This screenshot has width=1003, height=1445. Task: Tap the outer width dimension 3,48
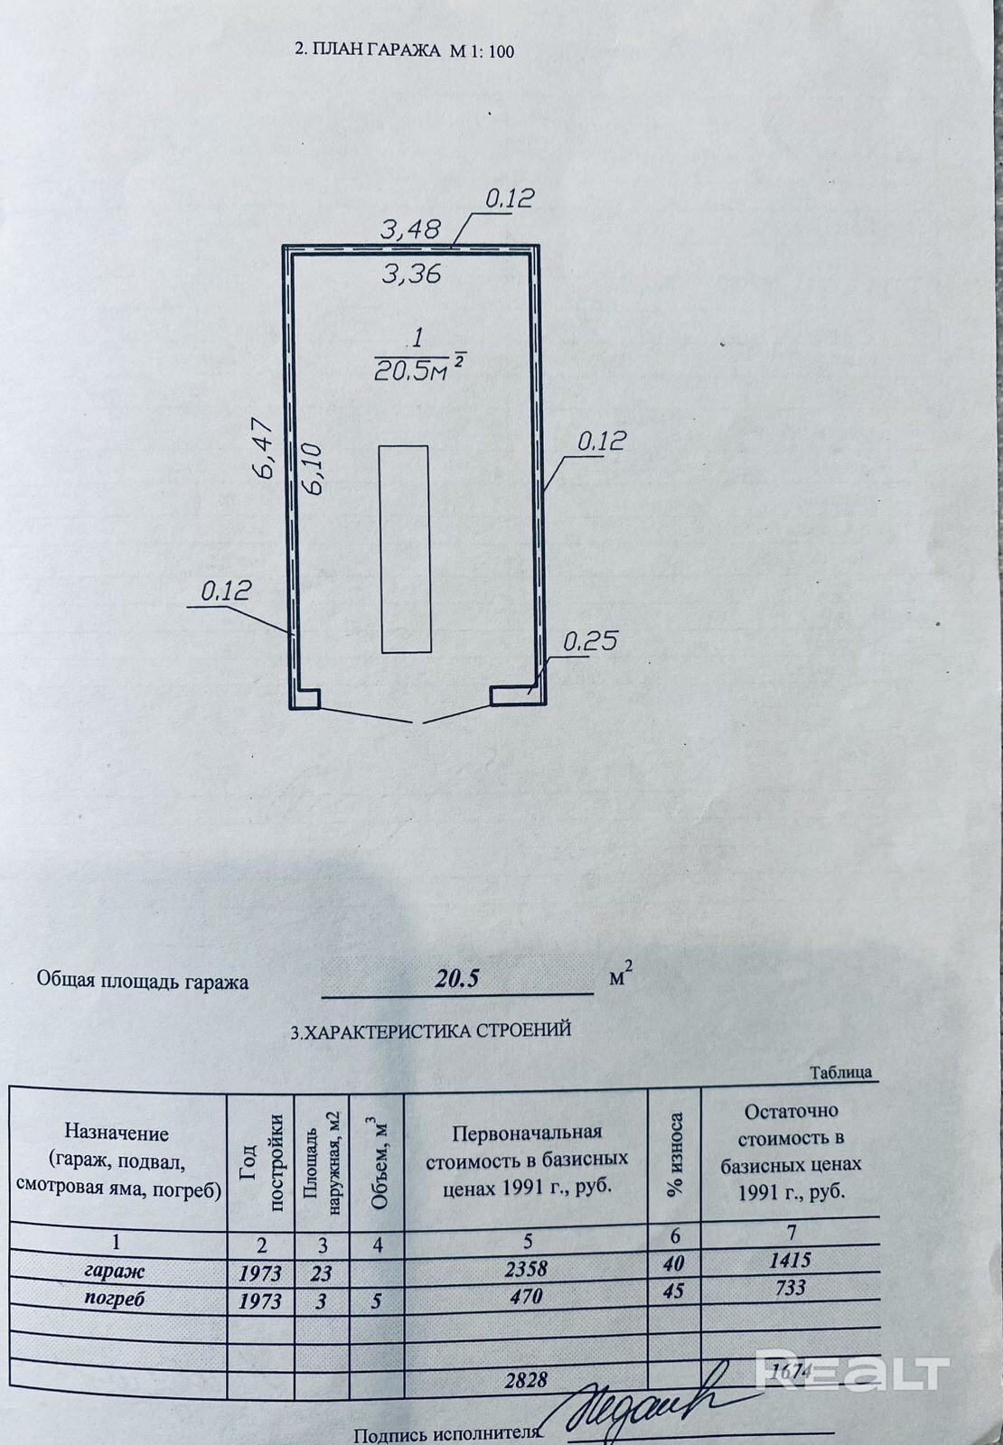coord(410,229)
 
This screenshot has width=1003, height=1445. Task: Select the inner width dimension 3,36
coord(411,274)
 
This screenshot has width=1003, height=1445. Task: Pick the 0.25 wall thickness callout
coord(590,640)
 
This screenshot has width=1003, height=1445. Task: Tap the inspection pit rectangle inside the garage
coord(405,549)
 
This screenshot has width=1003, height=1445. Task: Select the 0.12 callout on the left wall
coord(225,591)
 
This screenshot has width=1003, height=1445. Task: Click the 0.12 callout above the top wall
coord(510,198)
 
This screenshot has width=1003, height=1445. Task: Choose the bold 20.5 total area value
coord(456,979)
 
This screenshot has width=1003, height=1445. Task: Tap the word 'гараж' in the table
coord(115,1271)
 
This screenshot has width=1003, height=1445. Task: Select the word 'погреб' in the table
coord(114,1297)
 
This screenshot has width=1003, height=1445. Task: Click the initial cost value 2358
coord(525,1269)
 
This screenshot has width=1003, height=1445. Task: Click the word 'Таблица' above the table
coord(841,1072)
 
